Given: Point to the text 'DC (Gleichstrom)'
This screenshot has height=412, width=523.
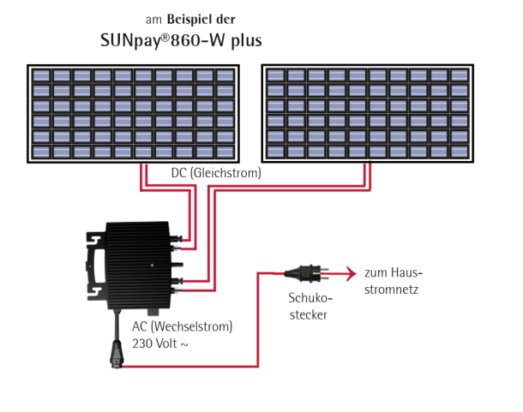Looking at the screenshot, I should click(x=216, y=173).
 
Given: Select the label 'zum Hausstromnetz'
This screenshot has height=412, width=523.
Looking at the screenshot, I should click(x=394, y=281).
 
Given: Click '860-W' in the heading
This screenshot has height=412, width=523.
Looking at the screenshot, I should click(x=188, y=40).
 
